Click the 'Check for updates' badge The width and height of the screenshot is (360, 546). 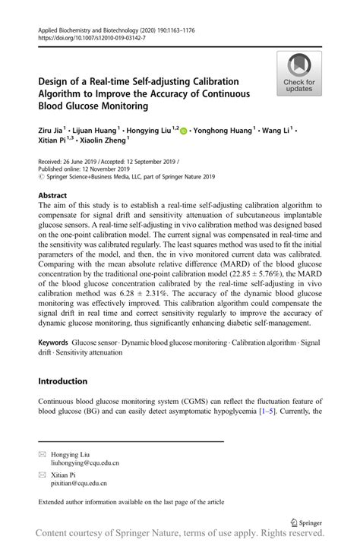tap(299, 74)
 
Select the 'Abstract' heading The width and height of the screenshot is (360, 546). tap(52, 195)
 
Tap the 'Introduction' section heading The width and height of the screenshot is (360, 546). tap(63, 380)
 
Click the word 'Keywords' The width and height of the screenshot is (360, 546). tap(56, 343)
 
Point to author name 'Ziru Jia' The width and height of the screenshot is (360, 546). tap(52, 131)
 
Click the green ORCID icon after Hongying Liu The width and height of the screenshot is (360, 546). tap(183, 131)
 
